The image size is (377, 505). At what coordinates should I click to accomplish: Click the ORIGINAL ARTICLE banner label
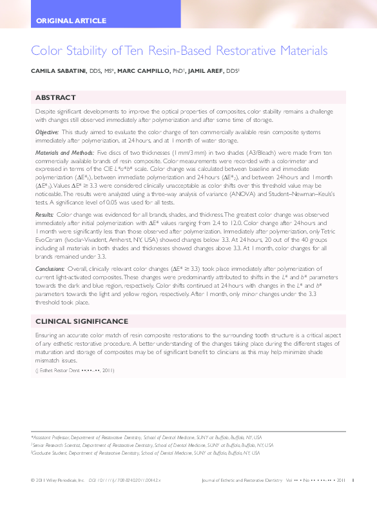(72, 21)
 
